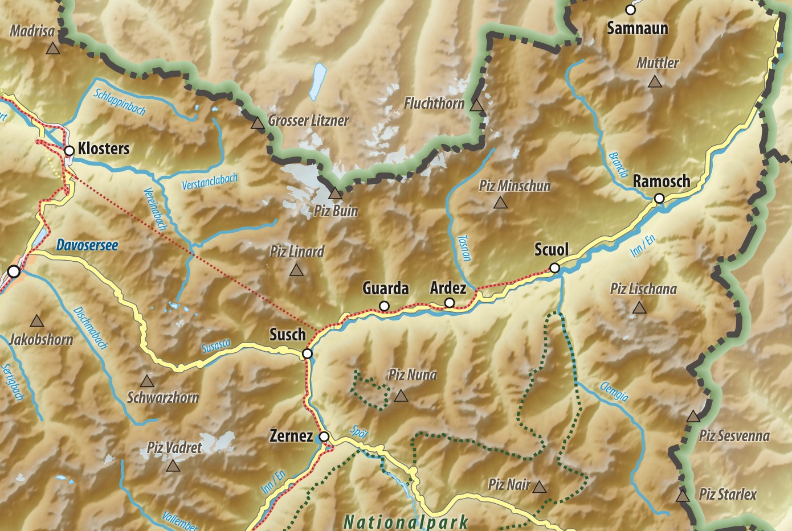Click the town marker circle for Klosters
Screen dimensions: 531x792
69,151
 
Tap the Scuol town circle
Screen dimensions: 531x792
554,268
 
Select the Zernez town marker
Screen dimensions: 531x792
324,437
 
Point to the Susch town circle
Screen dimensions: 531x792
307,353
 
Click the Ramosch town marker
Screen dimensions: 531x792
659,199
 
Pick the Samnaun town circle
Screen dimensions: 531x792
630,10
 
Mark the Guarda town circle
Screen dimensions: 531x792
384,306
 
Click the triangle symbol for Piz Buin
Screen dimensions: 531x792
335,194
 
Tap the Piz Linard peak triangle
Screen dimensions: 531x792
296,270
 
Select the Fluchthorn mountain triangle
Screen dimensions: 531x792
476,105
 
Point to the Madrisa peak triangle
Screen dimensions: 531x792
53,49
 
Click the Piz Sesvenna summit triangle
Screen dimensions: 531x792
693,416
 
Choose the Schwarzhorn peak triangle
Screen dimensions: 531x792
147,381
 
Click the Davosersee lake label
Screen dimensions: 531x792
87,245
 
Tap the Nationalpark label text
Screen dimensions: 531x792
406,521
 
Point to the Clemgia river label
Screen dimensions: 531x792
614,392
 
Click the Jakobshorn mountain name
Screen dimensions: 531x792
42,340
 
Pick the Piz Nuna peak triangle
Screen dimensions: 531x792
401,396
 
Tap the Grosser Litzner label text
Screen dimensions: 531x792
308,121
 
